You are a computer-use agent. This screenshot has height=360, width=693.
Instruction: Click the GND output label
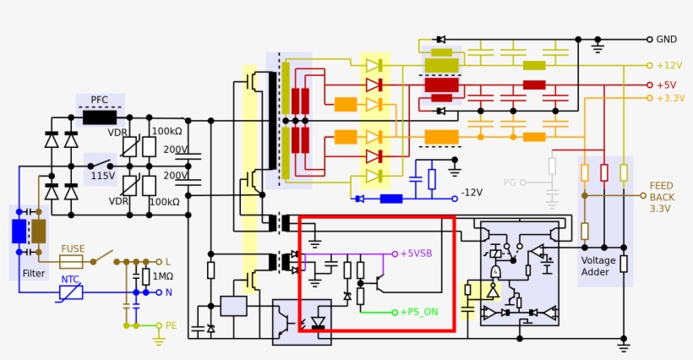(x=667, y=40)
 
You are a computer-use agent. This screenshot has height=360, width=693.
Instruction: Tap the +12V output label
(x=669, y=65)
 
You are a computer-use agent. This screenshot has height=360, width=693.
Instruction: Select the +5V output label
(x=667, y=85)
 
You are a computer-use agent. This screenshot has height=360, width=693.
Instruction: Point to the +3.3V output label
(x=670, y=98)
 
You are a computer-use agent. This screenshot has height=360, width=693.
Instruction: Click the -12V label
(x=472, y=193)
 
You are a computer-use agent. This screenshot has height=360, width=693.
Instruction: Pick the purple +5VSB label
(x=416, y=254)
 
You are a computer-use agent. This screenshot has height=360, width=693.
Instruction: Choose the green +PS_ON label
(x=419, y=312)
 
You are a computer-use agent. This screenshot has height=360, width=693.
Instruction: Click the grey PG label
(x=510, y=183)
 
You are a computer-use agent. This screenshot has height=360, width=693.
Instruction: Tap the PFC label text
(x=100, y=100)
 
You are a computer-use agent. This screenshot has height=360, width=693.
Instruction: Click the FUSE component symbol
(x=71, y=262)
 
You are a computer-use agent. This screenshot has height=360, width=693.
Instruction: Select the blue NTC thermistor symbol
(x=71, y=292)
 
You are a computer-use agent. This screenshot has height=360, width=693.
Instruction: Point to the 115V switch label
(x=103, y=176)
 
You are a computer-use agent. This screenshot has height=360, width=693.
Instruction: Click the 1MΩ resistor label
(x=162, y=276)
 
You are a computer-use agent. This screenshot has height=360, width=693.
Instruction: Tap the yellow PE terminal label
(x=171, y=325)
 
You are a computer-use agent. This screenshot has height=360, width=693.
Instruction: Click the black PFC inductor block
(x=100, y=118)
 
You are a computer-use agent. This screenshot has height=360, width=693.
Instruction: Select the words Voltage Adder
(x=598, y=266)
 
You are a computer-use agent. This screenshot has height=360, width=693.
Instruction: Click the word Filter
(x=34, y=274)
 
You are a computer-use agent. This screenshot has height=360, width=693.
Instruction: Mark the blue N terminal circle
(x=159, y=292)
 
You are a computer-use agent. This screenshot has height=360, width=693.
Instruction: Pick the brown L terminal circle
(x=159, y=262)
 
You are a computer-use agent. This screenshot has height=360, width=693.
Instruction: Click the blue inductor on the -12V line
(x=391, y=199)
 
